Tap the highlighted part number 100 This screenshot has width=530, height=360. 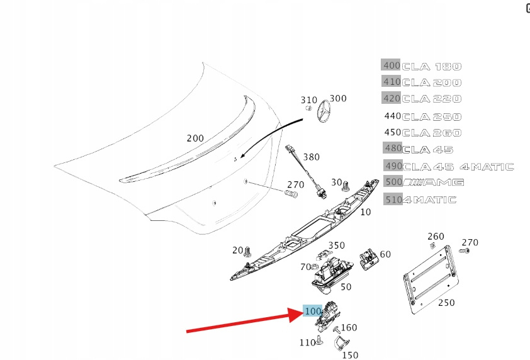point(313,311)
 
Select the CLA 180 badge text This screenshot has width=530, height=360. point(431,66)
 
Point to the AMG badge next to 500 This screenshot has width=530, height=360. point(433,183)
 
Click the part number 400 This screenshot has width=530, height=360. point(391,65)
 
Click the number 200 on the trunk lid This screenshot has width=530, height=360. point(195,138)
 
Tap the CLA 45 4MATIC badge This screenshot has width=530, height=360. point(458,167)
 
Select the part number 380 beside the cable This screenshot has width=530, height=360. point(311,157)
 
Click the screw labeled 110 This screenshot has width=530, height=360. point(320,341)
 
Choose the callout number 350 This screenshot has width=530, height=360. point(337,245)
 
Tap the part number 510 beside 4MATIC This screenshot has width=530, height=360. point(391,200)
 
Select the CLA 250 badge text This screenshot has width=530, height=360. point(431,116)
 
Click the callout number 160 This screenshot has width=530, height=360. point(349,327)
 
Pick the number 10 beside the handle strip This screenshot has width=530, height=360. point(366,211)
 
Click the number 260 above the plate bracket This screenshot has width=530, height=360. point(436,237)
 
